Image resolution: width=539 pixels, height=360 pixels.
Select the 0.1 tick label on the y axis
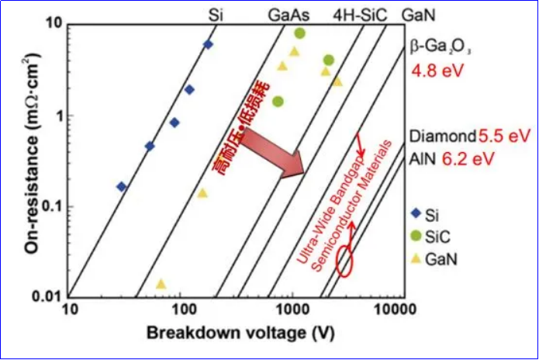click(51, 207)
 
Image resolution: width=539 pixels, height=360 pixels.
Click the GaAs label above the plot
click(289, 15)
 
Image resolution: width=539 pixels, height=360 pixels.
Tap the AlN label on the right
click(423, 158)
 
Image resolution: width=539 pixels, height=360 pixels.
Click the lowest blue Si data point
click(121, 186)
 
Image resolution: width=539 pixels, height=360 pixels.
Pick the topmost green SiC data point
click(299, 33)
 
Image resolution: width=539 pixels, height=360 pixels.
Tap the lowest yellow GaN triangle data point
click(161, 284)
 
